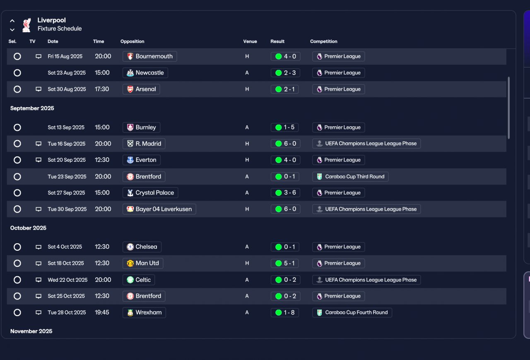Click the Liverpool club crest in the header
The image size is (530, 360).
tap(26, 25)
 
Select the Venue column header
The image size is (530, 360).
tap(250, 41)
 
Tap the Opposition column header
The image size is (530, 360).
tap(132, 41)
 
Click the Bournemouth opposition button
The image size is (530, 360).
tap(150, 56)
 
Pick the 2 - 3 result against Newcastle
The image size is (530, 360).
tap(285, 72)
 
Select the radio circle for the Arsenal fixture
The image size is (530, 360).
tap(17, 89)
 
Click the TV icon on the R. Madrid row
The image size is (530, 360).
tap(39, 144)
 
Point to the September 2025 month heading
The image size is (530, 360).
tap(32, 108)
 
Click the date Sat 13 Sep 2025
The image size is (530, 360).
tap(66, 127)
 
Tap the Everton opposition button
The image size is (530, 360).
tap(142, 160)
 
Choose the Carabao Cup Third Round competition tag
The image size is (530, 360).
tap(350, 176)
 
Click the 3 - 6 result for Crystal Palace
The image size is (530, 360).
tap(285, 192)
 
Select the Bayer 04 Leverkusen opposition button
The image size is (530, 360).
tap(159, 209)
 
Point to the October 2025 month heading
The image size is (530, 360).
tap(28, 228)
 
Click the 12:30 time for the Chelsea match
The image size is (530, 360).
tap(102, 247)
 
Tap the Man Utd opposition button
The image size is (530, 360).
tap(143, 263)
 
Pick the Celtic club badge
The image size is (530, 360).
tap(130, 280)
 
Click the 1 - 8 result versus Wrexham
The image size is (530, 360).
tap(284, 312)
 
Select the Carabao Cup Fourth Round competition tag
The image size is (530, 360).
tap(352, 312)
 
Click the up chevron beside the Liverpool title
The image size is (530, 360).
tap(12, 21)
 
